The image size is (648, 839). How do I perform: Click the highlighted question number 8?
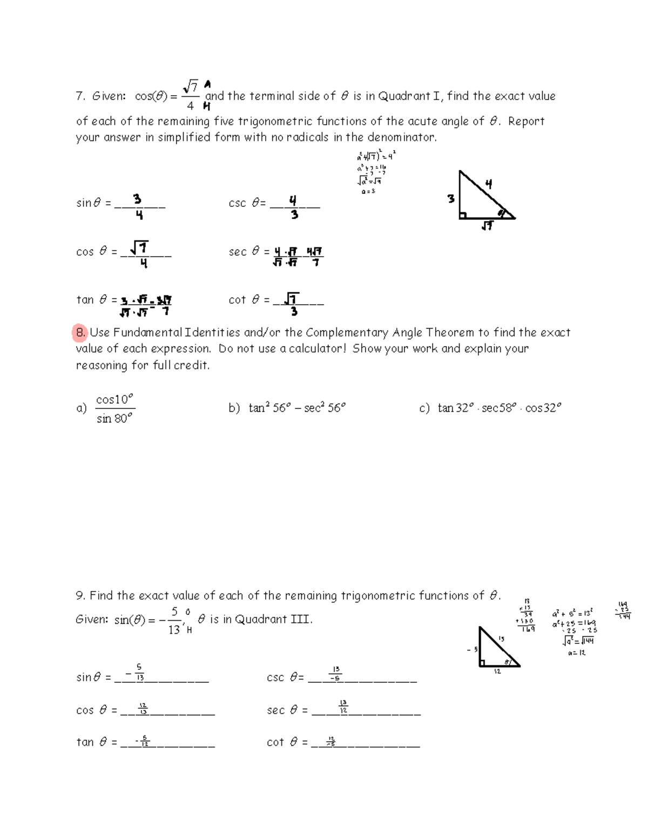[x=80, y=333]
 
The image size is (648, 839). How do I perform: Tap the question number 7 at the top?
[x=80, y=97]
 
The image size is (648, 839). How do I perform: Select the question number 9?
[x=80, y=596]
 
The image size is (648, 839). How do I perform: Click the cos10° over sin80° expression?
[x=114, y=408]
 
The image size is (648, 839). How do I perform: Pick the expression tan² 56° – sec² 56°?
[x=296, y=408]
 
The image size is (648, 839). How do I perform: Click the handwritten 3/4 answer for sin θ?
[x=138, y=207]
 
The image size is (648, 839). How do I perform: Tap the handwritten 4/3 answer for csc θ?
[x=293, y=207]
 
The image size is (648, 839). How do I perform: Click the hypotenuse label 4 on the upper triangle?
[x=489, y=184]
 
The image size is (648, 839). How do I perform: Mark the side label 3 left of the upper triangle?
[x=451, y=199]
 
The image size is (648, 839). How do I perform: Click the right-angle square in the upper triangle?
[x=463, y=216]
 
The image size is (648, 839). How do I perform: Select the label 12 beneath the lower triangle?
[x=497, y=672]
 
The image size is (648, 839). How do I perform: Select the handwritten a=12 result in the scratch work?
[x=577, y=653]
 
